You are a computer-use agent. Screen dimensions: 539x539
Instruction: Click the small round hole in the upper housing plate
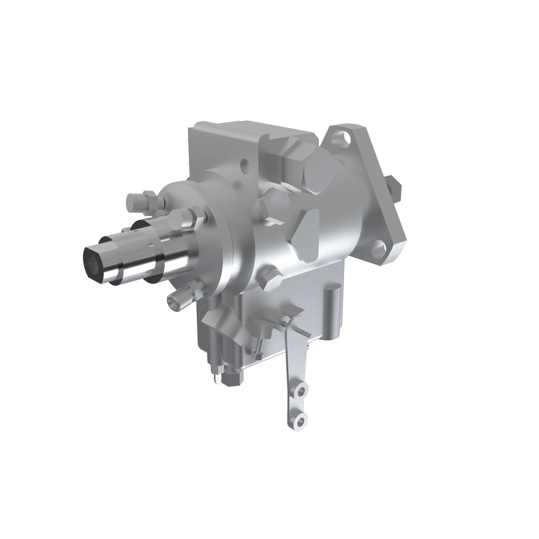[x=245, y=162]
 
